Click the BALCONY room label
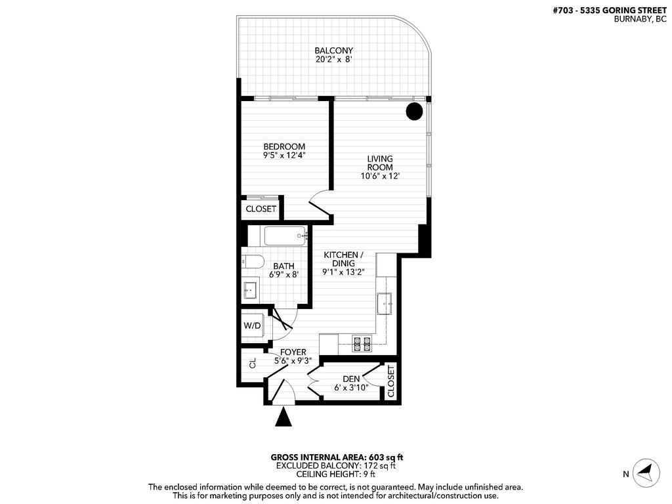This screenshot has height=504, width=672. tap(333, 51)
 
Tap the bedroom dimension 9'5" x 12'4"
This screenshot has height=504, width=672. tap(284, 156)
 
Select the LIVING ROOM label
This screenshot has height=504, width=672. tap(379, 163)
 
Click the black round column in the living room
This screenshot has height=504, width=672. tap(413, 112)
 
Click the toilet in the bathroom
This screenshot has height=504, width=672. tap(251, 261)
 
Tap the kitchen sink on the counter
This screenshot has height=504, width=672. tap(385, 303)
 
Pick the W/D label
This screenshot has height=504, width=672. tap(251, 325)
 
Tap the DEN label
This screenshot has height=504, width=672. tap(350, 379)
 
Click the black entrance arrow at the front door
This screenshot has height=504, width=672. tap(283, 417)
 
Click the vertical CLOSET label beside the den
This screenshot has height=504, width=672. tap(391, 381)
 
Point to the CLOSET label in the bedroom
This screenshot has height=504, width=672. tap(261, 209)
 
